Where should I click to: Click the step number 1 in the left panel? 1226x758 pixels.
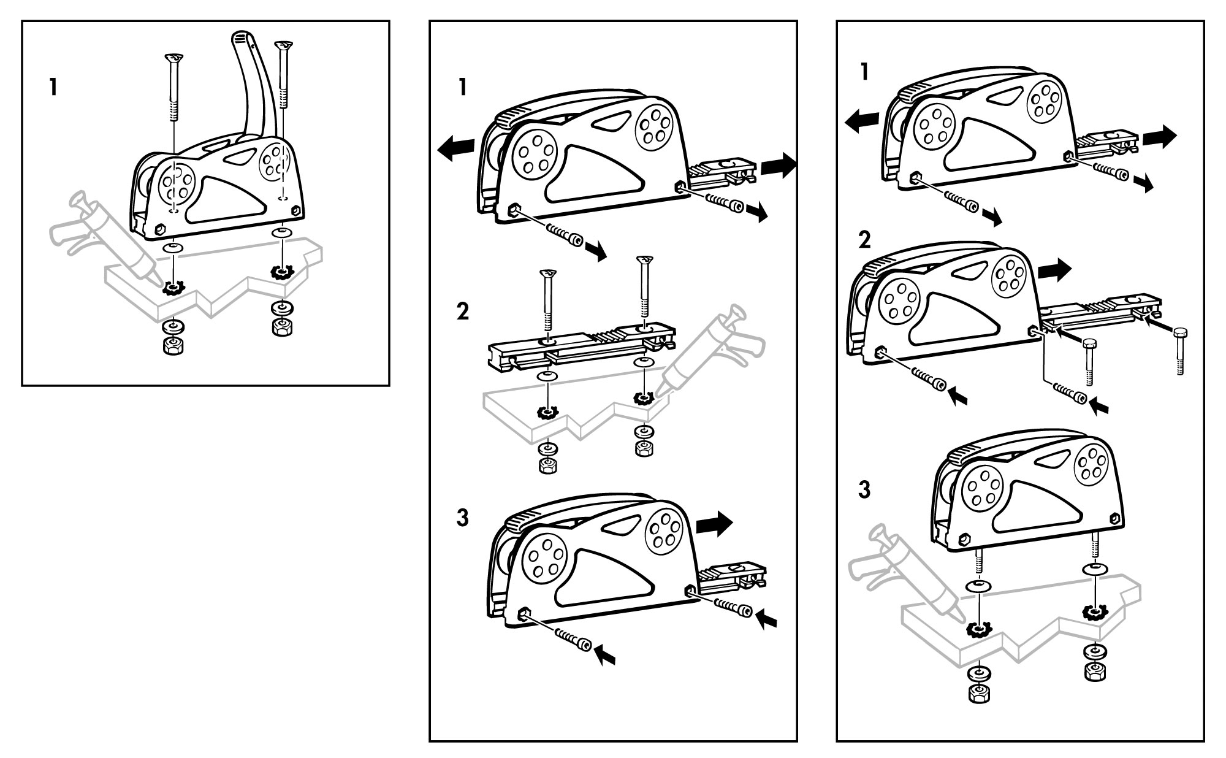(53, 87)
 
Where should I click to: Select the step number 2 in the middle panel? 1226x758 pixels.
(463, 312)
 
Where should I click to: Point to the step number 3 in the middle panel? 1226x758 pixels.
(463, 518)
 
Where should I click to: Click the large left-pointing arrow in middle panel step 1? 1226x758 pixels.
(455, 149)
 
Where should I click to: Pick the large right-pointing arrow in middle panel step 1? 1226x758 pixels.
(778, 164)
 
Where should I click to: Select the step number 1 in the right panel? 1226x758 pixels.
(864, 72)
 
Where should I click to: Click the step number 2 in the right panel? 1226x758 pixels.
(864, 240)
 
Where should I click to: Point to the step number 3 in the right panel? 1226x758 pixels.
(864, 491)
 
